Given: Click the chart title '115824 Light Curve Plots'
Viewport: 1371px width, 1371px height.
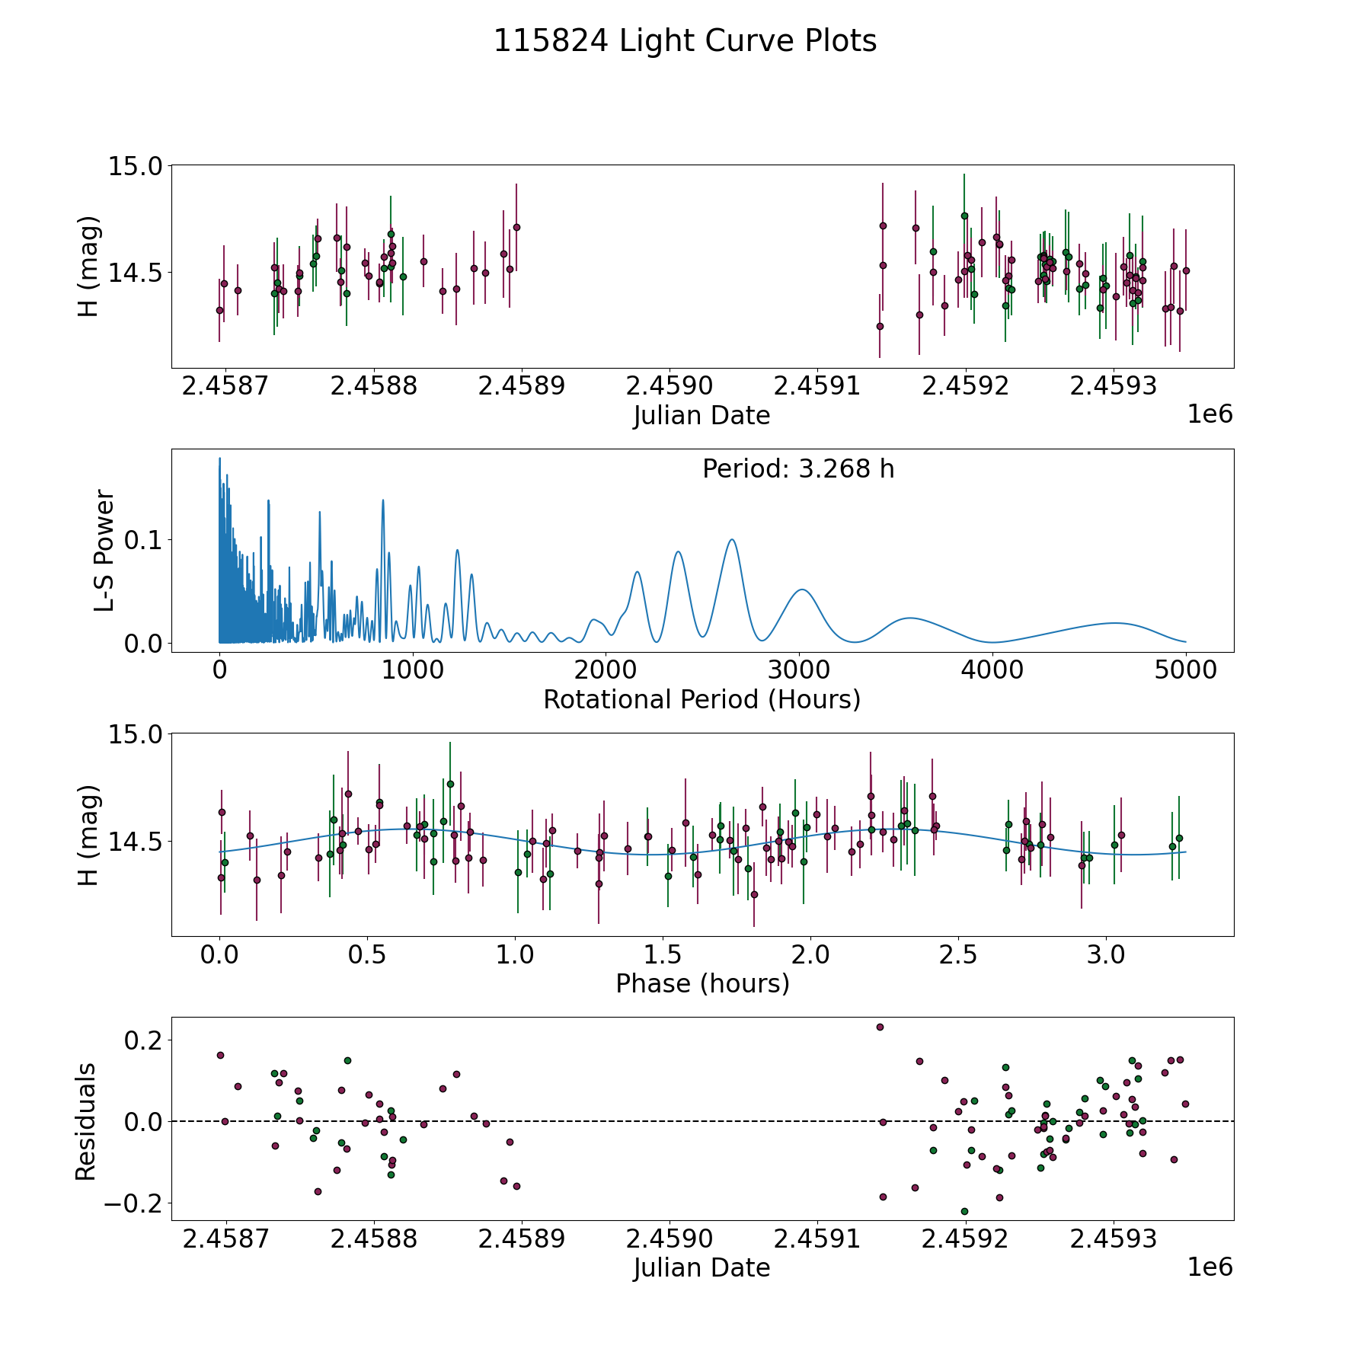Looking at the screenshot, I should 685,41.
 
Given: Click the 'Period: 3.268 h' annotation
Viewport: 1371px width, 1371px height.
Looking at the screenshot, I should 798,469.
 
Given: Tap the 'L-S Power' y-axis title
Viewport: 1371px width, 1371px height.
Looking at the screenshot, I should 104,551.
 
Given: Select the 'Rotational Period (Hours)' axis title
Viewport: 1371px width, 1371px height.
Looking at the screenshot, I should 701,699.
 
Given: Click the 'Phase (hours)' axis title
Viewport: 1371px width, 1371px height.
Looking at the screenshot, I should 701,983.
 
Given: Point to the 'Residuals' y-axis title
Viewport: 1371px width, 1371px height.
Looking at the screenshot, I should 86,1121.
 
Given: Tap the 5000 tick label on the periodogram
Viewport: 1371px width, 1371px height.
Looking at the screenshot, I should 1185,670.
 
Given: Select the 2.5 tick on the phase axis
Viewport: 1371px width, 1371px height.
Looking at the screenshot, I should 958,954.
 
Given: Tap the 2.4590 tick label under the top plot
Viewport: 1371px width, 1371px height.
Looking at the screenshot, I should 670,386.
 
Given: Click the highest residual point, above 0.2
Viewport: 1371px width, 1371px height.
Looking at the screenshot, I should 880,1027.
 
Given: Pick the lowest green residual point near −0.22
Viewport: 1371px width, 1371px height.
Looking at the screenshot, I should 964,1211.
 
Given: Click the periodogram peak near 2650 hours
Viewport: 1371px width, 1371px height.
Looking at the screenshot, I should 732,539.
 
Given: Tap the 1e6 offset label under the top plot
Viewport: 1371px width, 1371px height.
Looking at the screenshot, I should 1210,414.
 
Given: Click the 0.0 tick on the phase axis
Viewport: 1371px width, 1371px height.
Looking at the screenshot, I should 220,954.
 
